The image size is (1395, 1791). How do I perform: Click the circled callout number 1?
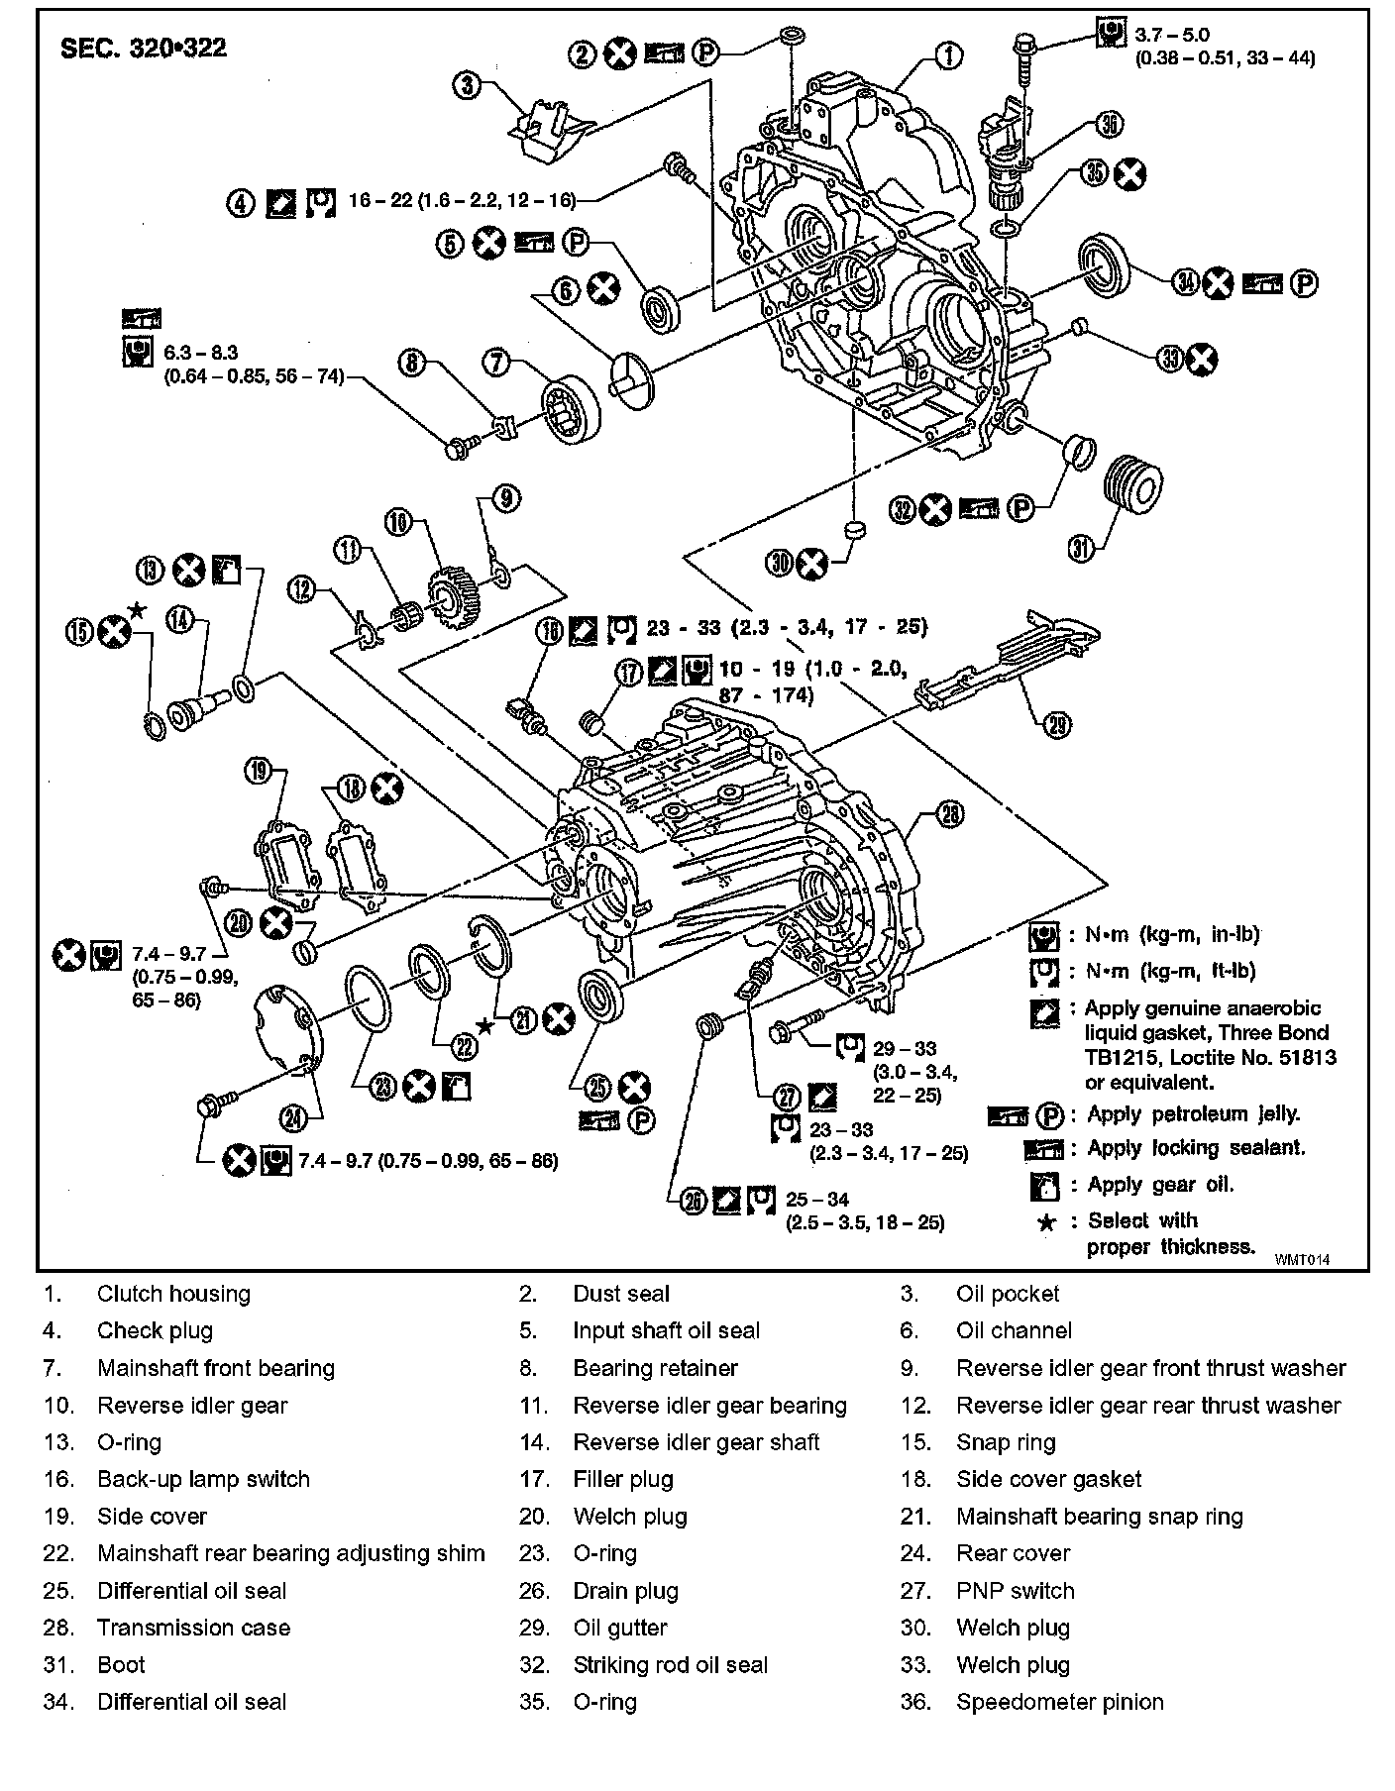pos(948,55)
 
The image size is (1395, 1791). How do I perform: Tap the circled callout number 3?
pos(467,85)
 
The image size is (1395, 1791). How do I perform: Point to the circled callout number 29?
pos(1057,725)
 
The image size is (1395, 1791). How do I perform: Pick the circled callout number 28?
pos(949,814)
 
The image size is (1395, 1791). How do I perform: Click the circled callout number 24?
pos(294,1118)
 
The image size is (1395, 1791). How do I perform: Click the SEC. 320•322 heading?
pos(144,49)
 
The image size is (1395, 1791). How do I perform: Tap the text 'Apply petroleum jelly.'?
pos(1193,1113)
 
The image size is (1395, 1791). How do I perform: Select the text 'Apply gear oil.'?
pos(1160,1184)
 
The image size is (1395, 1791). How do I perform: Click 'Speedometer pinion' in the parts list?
pos(1059,1702)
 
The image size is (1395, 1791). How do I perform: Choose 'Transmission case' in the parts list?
pos(193,1628)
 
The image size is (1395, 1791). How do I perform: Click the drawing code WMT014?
pos(1301,1259)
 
